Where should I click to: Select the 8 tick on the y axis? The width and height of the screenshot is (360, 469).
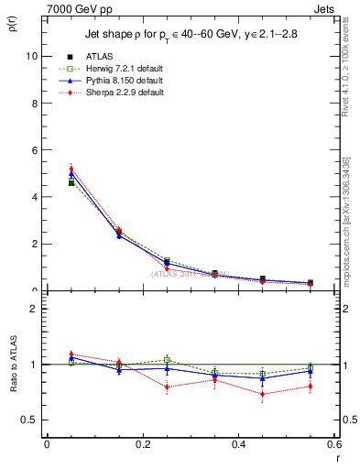tap(34, 103)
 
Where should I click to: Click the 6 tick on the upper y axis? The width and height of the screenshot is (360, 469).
tap(34, 150)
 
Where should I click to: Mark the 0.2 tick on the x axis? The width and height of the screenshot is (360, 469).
tap(142, 444)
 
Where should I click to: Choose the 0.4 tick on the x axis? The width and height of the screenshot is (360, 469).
tap(239, 444)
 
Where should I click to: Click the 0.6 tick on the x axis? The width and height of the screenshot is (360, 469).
tap(335, 444)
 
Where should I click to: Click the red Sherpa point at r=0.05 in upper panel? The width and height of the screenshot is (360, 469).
tap(71, 169)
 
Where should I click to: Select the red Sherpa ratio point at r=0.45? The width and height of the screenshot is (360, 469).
tap(263, 395)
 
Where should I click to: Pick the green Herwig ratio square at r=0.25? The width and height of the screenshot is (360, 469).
tap(167, 359)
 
